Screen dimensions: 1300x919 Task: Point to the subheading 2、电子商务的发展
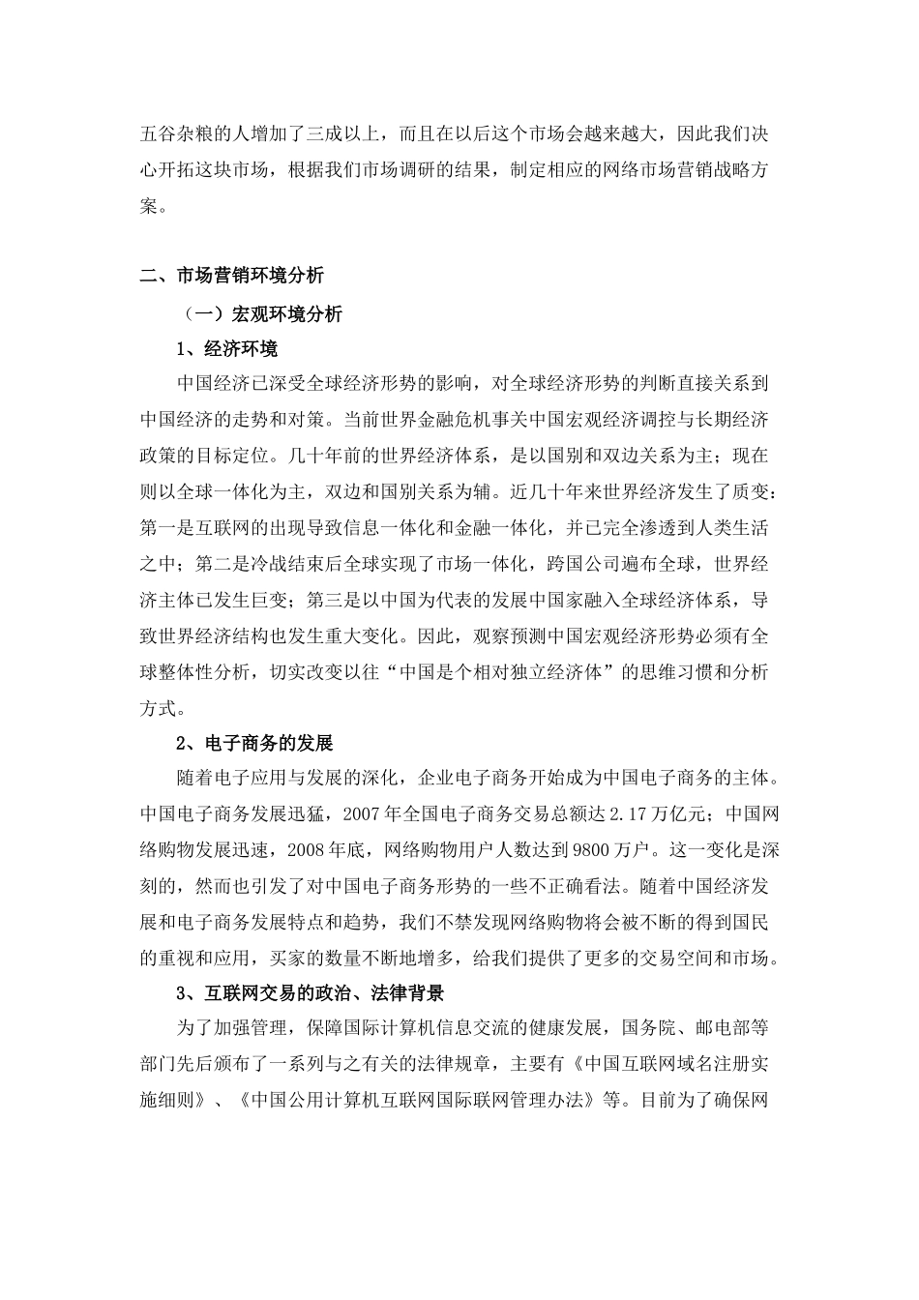[x=254, y=744]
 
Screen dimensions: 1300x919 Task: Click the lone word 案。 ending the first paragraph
[x=153, y=206]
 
